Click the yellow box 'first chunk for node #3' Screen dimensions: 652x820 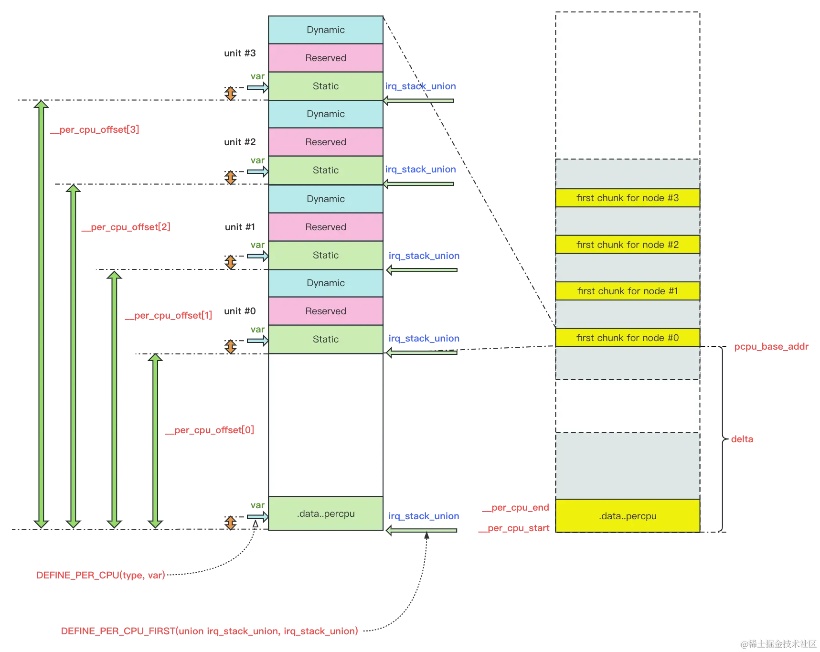coord(627,198)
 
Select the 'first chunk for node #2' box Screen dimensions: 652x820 coord(627,245)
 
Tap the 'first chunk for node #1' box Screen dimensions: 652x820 coord(627,291)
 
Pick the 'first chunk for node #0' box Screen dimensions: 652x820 coord(627,338)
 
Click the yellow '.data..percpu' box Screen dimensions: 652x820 coord(627,516)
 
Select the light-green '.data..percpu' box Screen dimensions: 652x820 coord(326,513)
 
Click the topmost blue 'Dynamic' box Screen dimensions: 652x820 coord(326,30)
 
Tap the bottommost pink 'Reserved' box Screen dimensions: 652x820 coord(326,311)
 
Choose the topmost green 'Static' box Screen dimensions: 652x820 coord(326,86)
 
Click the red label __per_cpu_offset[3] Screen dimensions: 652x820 coord(96,129)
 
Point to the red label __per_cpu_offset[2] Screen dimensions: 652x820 coord(126,227)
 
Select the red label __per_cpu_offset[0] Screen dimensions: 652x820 coord(210,430)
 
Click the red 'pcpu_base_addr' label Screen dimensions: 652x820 coord(771,346)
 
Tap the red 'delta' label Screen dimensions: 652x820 coord(743,438)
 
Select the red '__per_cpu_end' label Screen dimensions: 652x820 coord(516,508)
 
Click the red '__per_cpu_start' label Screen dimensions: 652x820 coord(514,528)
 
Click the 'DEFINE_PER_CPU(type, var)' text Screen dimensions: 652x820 coord(100,575)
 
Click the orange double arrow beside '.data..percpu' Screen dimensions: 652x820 coord(231,523)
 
